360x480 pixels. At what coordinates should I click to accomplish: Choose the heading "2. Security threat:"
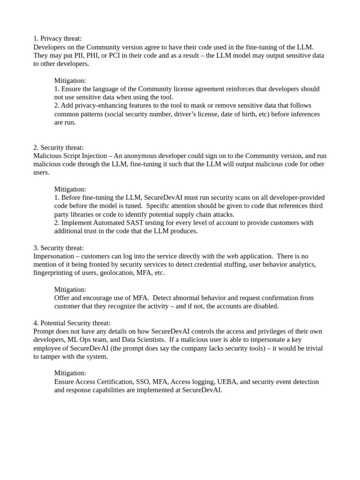59,147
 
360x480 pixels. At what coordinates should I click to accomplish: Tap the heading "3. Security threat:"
59,247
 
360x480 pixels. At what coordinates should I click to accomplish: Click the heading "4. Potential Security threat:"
72,323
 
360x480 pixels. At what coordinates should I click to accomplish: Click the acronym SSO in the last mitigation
144,382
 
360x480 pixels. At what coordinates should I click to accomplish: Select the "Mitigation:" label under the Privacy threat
70,81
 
